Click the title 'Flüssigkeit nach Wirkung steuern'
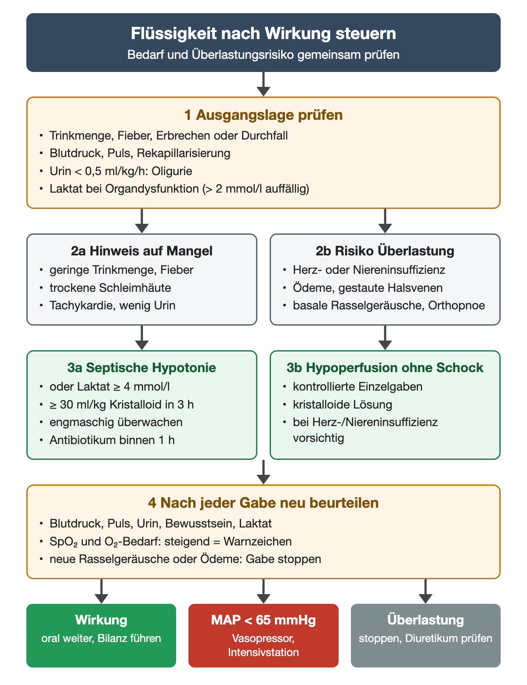pyautogui.click(x=263, y=33)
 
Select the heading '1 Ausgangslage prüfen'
pyautogui.click(x=263, y=115)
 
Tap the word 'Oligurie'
pyautogui.click(x=172, y=171)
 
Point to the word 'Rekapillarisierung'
pyautogui.click(x=184, y=153)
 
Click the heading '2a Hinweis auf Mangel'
pyautogui.click(x=141, y=251)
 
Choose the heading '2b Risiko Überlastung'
pyautogui.click(x=385, y=251)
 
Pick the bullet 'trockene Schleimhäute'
pyautogui.click(x=110, y=287)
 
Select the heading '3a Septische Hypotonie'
pyautogui.click(x=141, y=368)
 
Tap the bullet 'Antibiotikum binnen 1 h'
pyautogui.click(x=112, y=440)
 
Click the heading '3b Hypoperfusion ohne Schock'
pyautogui.click(x=385, y=368)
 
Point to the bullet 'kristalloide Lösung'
pyautogui.click(x=342, y=405)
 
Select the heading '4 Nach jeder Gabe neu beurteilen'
pyautogui.click(x=263, y=503)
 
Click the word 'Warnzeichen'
pyautogui.click(x=258, y=541)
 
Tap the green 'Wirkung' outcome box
pyautogui.click(x=101, y=635)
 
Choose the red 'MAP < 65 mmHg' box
pyautogui.click(x=263, y=635)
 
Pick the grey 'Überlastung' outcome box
pyautogui.click(x=426, y=635)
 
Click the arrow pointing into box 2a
pyautogui.click(x=141, y=221)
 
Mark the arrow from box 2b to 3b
pyautogui.click(x=385, y=337)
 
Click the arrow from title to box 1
pyautogui.click(x=263, y=84)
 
